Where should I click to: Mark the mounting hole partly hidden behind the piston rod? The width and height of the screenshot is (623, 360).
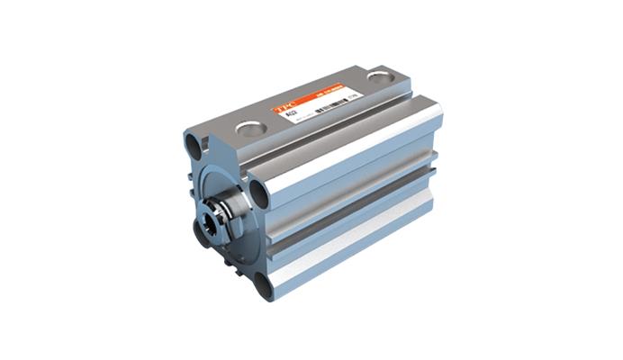[x=200, y=234]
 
